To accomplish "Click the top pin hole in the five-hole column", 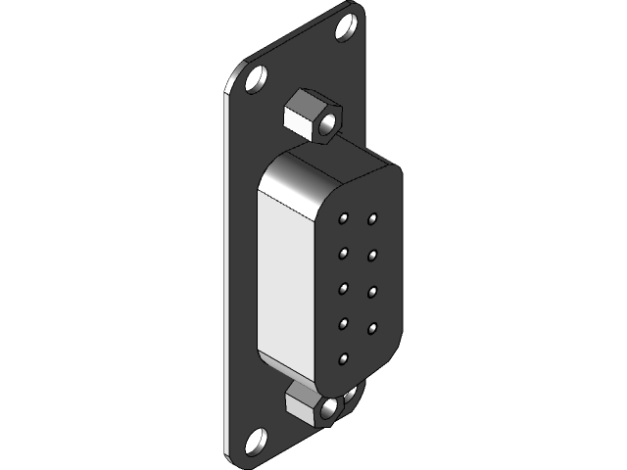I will click(345, 217).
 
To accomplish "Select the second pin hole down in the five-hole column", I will click(345, 253).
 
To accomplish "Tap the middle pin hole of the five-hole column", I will click(345, 288).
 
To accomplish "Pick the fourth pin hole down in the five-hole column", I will click(345, 324).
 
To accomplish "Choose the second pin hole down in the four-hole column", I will click(373, 255).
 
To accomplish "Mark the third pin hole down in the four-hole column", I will click(373, 290).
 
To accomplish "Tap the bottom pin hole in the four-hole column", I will click(373, 325).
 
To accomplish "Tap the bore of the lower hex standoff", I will click(330, 407).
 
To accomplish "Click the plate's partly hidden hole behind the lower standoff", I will click(352, 396).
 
